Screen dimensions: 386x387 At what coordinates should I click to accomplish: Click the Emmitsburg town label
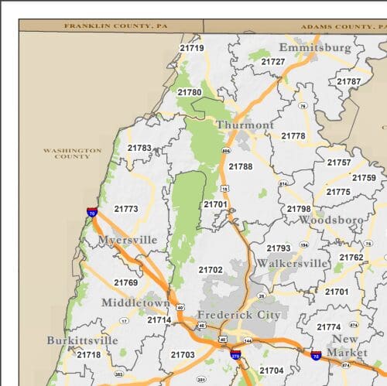click(314, 47)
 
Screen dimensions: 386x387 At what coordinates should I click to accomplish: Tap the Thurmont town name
click(245, 125)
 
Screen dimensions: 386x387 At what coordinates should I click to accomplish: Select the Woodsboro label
click(330, 220)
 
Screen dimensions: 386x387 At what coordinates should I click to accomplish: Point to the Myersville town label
click(127, 240)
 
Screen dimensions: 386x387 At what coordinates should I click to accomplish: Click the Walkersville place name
click(292, 263)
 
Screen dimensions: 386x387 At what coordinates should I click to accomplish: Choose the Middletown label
click(135, 302)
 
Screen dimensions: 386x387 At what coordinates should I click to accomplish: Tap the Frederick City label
click(238, 315)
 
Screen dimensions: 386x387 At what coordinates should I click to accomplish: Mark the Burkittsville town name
click(82, 340)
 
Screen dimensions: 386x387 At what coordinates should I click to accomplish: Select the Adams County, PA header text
click(337, 26)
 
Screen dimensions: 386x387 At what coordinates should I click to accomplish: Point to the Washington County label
click(72, 153)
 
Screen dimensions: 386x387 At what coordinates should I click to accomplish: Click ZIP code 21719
click(191, 48)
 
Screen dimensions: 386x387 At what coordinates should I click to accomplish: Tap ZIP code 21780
click(189, 92)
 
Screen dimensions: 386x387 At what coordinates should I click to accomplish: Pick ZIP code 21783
click(139, 148)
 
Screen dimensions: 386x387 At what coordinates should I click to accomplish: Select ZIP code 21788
click(240, 166)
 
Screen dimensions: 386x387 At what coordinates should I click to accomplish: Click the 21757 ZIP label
click(338, 162)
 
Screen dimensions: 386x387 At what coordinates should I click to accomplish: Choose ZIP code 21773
click(126, 209)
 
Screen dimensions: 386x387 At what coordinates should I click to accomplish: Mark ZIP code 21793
click(279, 248)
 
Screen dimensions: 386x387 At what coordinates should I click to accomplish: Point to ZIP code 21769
click(125, 282)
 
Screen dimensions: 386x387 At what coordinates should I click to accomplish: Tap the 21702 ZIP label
click(210, 270)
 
